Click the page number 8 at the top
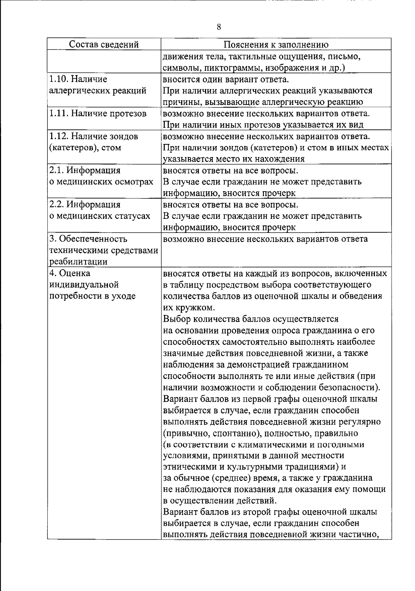(219, 27)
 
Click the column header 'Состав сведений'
(104, 44)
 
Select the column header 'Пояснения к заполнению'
(276, 45)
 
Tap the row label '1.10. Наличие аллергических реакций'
(98, 85)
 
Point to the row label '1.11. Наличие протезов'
(98, 114)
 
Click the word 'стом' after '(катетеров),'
(112, 148)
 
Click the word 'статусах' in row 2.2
(133, 216)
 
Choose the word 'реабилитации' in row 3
(78, 262)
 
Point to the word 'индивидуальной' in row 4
(84, 285)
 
